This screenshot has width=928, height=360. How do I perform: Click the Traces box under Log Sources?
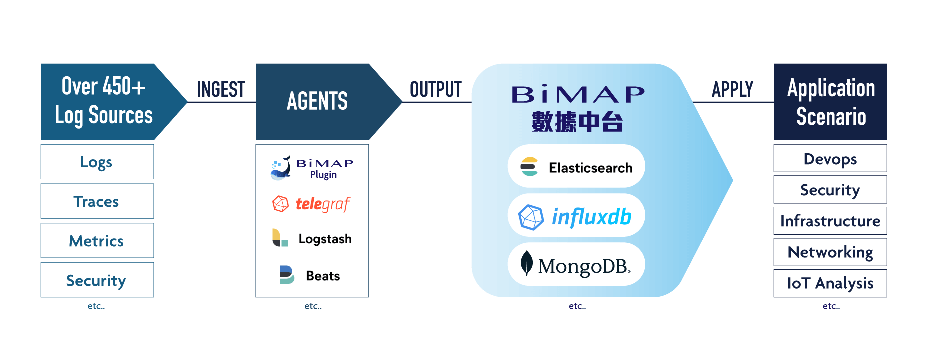97,201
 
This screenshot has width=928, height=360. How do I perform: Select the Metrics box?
97,241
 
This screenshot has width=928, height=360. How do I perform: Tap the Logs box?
97,162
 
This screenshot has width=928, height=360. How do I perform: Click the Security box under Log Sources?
97,280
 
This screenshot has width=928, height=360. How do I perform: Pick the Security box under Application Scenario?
830,190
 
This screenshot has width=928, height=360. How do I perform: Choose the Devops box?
830,159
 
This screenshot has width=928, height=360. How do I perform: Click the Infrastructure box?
830,221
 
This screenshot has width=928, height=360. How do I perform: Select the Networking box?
830,252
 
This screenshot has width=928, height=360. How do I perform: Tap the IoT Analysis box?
830,283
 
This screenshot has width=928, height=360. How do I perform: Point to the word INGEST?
221,90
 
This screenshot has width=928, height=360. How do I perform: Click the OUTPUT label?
435,90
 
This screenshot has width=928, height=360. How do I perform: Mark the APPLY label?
732,90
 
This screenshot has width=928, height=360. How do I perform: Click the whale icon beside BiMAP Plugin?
281,168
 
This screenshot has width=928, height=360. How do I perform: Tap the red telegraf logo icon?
280,204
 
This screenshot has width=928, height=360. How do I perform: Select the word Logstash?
325,239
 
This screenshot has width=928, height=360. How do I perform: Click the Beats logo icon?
286,275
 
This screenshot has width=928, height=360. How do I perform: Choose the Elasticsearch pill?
576,167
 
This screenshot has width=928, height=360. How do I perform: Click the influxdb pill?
576,216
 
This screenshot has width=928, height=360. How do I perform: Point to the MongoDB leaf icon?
526,263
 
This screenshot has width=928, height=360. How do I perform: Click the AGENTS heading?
317,101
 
